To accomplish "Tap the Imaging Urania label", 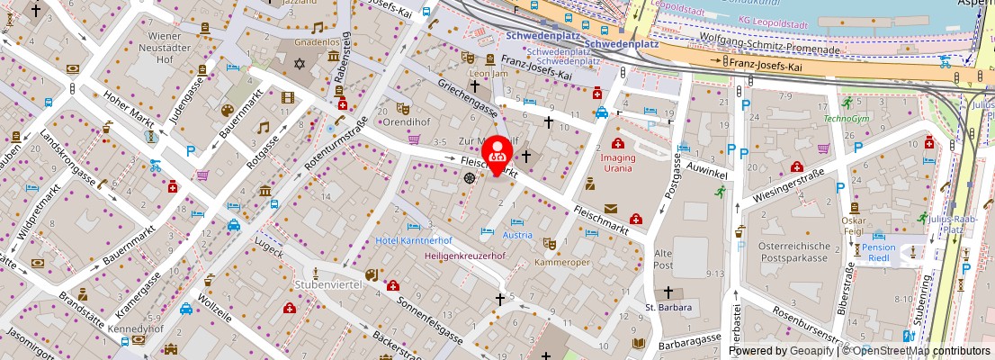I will [x=618, y=163].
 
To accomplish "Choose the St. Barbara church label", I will [x=668, y=308].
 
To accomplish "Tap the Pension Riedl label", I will [x=878, y=253].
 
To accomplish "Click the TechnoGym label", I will [x=847, y=118].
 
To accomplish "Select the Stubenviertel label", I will [x=327, y=284].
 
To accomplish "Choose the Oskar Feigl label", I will [x=853, y=226].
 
